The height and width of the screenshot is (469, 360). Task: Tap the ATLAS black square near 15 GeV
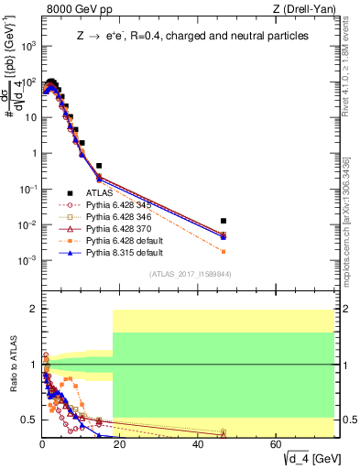tap(99, 166)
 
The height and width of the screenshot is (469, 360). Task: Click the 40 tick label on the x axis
tap(199, 444)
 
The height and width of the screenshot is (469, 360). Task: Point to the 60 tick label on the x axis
tap(277, 444)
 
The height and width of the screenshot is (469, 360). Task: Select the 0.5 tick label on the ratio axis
tap(29, 420)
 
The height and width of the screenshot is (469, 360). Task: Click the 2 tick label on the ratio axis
tap(34, 309)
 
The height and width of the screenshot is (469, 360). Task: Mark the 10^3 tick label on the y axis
tap(27, 45)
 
